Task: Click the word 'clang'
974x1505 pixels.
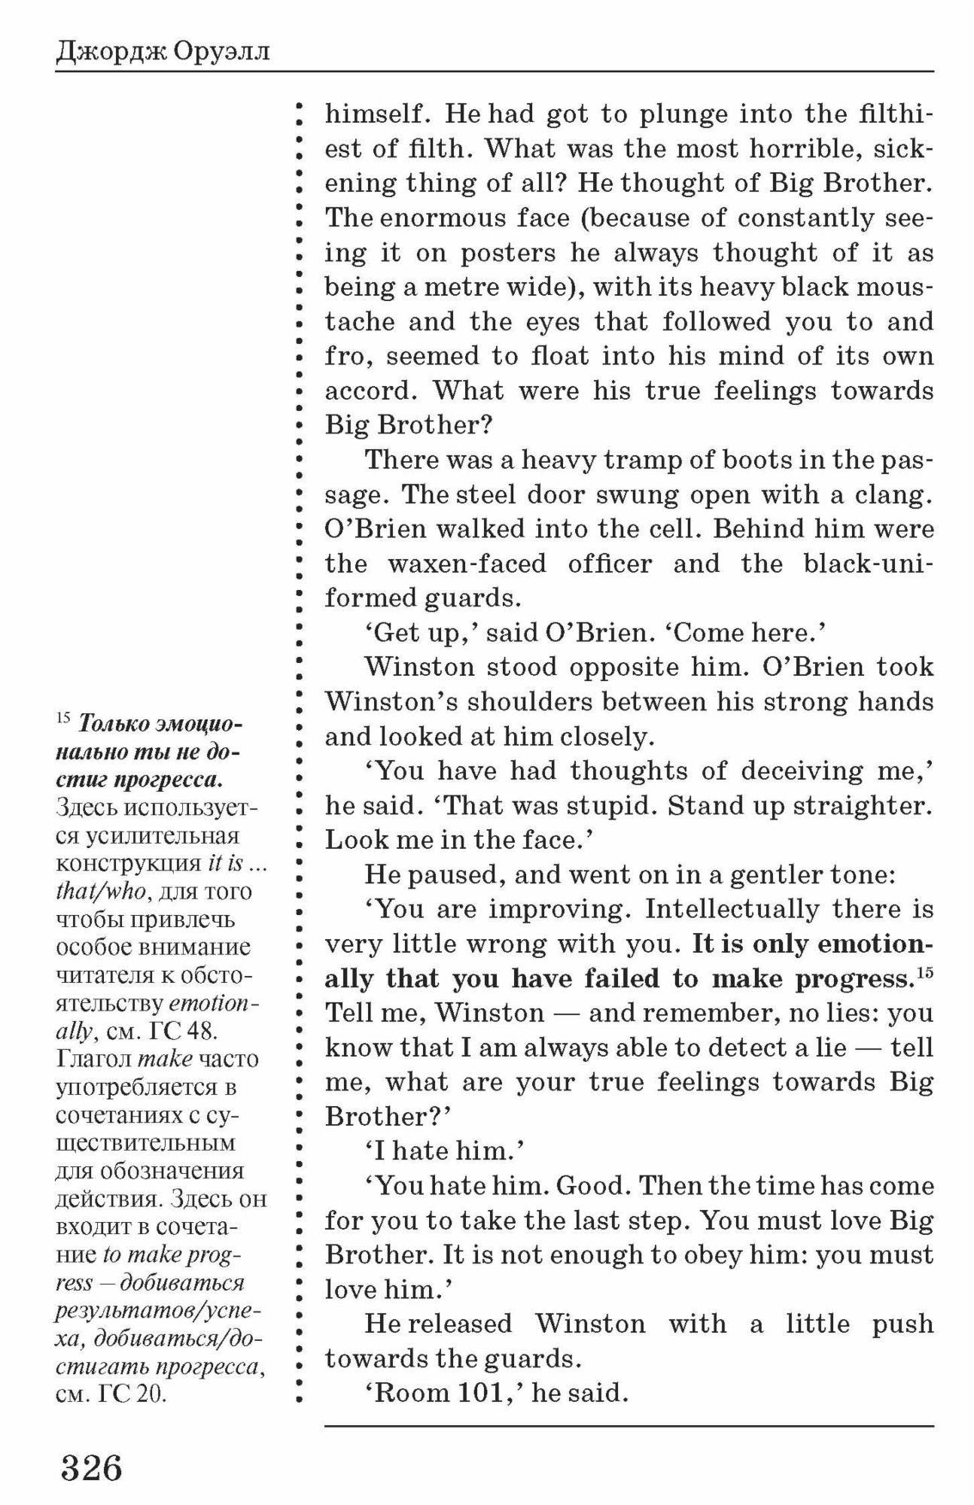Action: click(x=891, y=494)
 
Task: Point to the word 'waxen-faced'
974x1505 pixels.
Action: click(x=467, y=564)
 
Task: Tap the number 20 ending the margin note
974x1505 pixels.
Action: click(x=151, y=1393)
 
